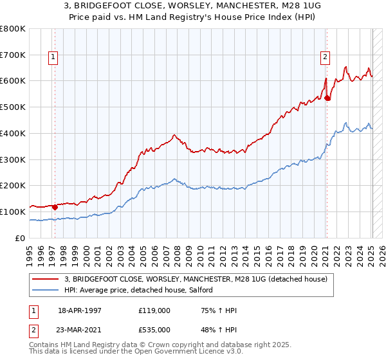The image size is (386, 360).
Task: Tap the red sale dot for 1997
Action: coord(55,207)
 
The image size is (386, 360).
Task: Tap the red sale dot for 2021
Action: coord(327,98)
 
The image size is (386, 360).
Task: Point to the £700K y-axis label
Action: coord(13,55)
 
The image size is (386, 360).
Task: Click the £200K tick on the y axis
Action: coord(13,186)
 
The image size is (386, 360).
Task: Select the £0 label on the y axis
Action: coord(21,238)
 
